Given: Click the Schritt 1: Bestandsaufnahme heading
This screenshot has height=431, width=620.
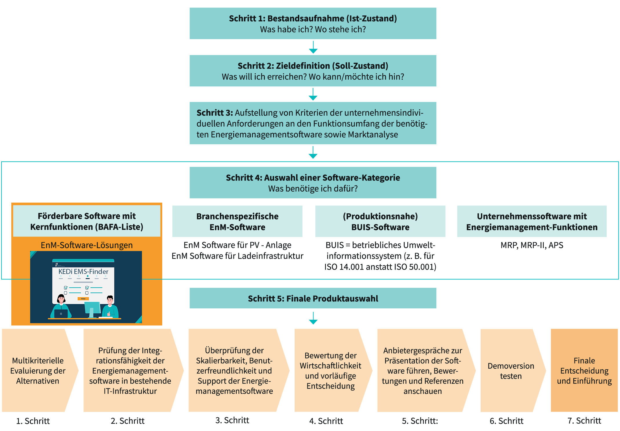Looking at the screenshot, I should point(313,18).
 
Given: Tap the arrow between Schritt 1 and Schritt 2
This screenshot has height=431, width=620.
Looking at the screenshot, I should point(313,47).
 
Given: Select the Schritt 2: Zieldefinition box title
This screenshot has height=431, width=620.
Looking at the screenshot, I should point(313,66).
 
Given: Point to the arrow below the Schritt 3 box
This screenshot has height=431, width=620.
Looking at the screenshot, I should point(313,152).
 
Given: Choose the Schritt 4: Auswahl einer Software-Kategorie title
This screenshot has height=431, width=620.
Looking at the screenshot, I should point(313,178).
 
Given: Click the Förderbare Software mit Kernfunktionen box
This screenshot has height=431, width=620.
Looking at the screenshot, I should point(87,221).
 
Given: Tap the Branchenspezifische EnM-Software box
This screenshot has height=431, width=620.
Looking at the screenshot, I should point(237,221).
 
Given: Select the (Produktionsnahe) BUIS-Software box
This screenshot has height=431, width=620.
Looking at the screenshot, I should point(380,221).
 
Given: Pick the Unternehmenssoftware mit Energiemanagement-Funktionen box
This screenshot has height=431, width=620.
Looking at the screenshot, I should point(532,221).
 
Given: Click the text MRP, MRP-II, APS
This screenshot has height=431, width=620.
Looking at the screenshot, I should point(532,245).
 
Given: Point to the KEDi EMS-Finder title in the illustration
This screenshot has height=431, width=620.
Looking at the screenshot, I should point(83,272).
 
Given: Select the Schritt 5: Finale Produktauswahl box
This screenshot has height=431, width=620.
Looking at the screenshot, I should point(313,298).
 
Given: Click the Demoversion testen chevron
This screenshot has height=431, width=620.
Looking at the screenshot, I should point(510,371).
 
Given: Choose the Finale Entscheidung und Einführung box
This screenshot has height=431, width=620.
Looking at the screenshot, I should point(584,370).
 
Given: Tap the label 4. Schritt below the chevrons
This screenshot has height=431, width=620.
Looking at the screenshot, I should point(326,421).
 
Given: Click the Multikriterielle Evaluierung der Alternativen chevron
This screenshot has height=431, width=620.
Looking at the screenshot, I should point(38,371).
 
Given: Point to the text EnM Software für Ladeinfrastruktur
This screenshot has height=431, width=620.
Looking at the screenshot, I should point(237,256).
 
